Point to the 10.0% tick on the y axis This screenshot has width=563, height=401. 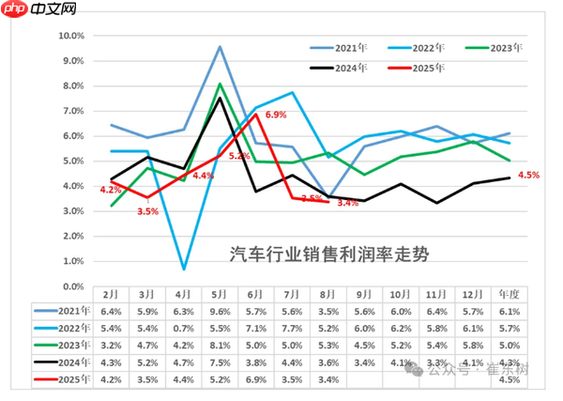pyautogui.click(x=72, y=36)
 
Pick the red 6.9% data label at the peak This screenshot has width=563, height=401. pyautogui.click(x=276, y=115)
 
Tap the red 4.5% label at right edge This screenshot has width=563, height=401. pyautogui.click(x=528, y=175)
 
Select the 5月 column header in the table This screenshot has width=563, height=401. pyautogui.click(x=220, y=294)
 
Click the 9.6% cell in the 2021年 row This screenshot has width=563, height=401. pyautogui.click(x=220, y=312)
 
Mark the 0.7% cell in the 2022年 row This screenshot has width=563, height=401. pyautogui.click(x=184, y=329)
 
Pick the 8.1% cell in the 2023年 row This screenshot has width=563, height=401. pyautogui.click(x=220, y=346)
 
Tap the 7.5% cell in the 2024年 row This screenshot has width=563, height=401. pyautogui.click(x=220, y=362)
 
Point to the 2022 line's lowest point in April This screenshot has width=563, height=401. pyautogui.click(x=184, y=269)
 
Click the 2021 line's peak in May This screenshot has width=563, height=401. pyautogui.click(x=220, y=46)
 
